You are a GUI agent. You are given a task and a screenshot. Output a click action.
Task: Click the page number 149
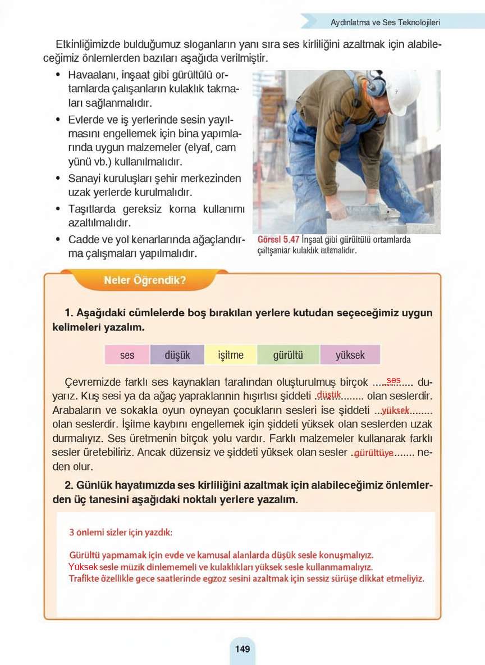pos(242,649)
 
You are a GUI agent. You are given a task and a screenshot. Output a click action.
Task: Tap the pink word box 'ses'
pos(127,355)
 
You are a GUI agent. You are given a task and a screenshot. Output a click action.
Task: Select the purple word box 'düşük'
pos(177,355)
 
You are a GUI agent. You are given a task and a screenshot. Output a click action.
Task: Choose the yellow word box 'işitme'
pos(231,355)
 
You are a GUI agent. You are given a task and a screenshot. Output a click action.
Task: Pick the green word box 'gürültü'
pos(288,355)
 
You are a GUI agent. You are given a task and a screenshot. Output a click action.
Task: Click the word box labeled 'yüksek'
pos(350,355)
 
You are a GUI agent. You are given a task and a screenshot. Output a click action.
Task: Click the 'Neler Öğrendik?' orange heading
pos(145,280)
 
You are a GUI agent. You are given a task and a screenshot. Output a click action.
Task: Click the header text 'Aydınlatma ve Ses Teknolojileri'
pos(385,22)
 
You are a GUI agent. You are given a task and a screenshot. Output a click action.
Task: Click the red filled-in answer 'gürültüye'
pos(374,453)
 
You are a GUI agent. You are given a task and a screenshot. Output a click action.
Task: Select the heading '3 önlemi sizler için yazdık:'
pos(121,531)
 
